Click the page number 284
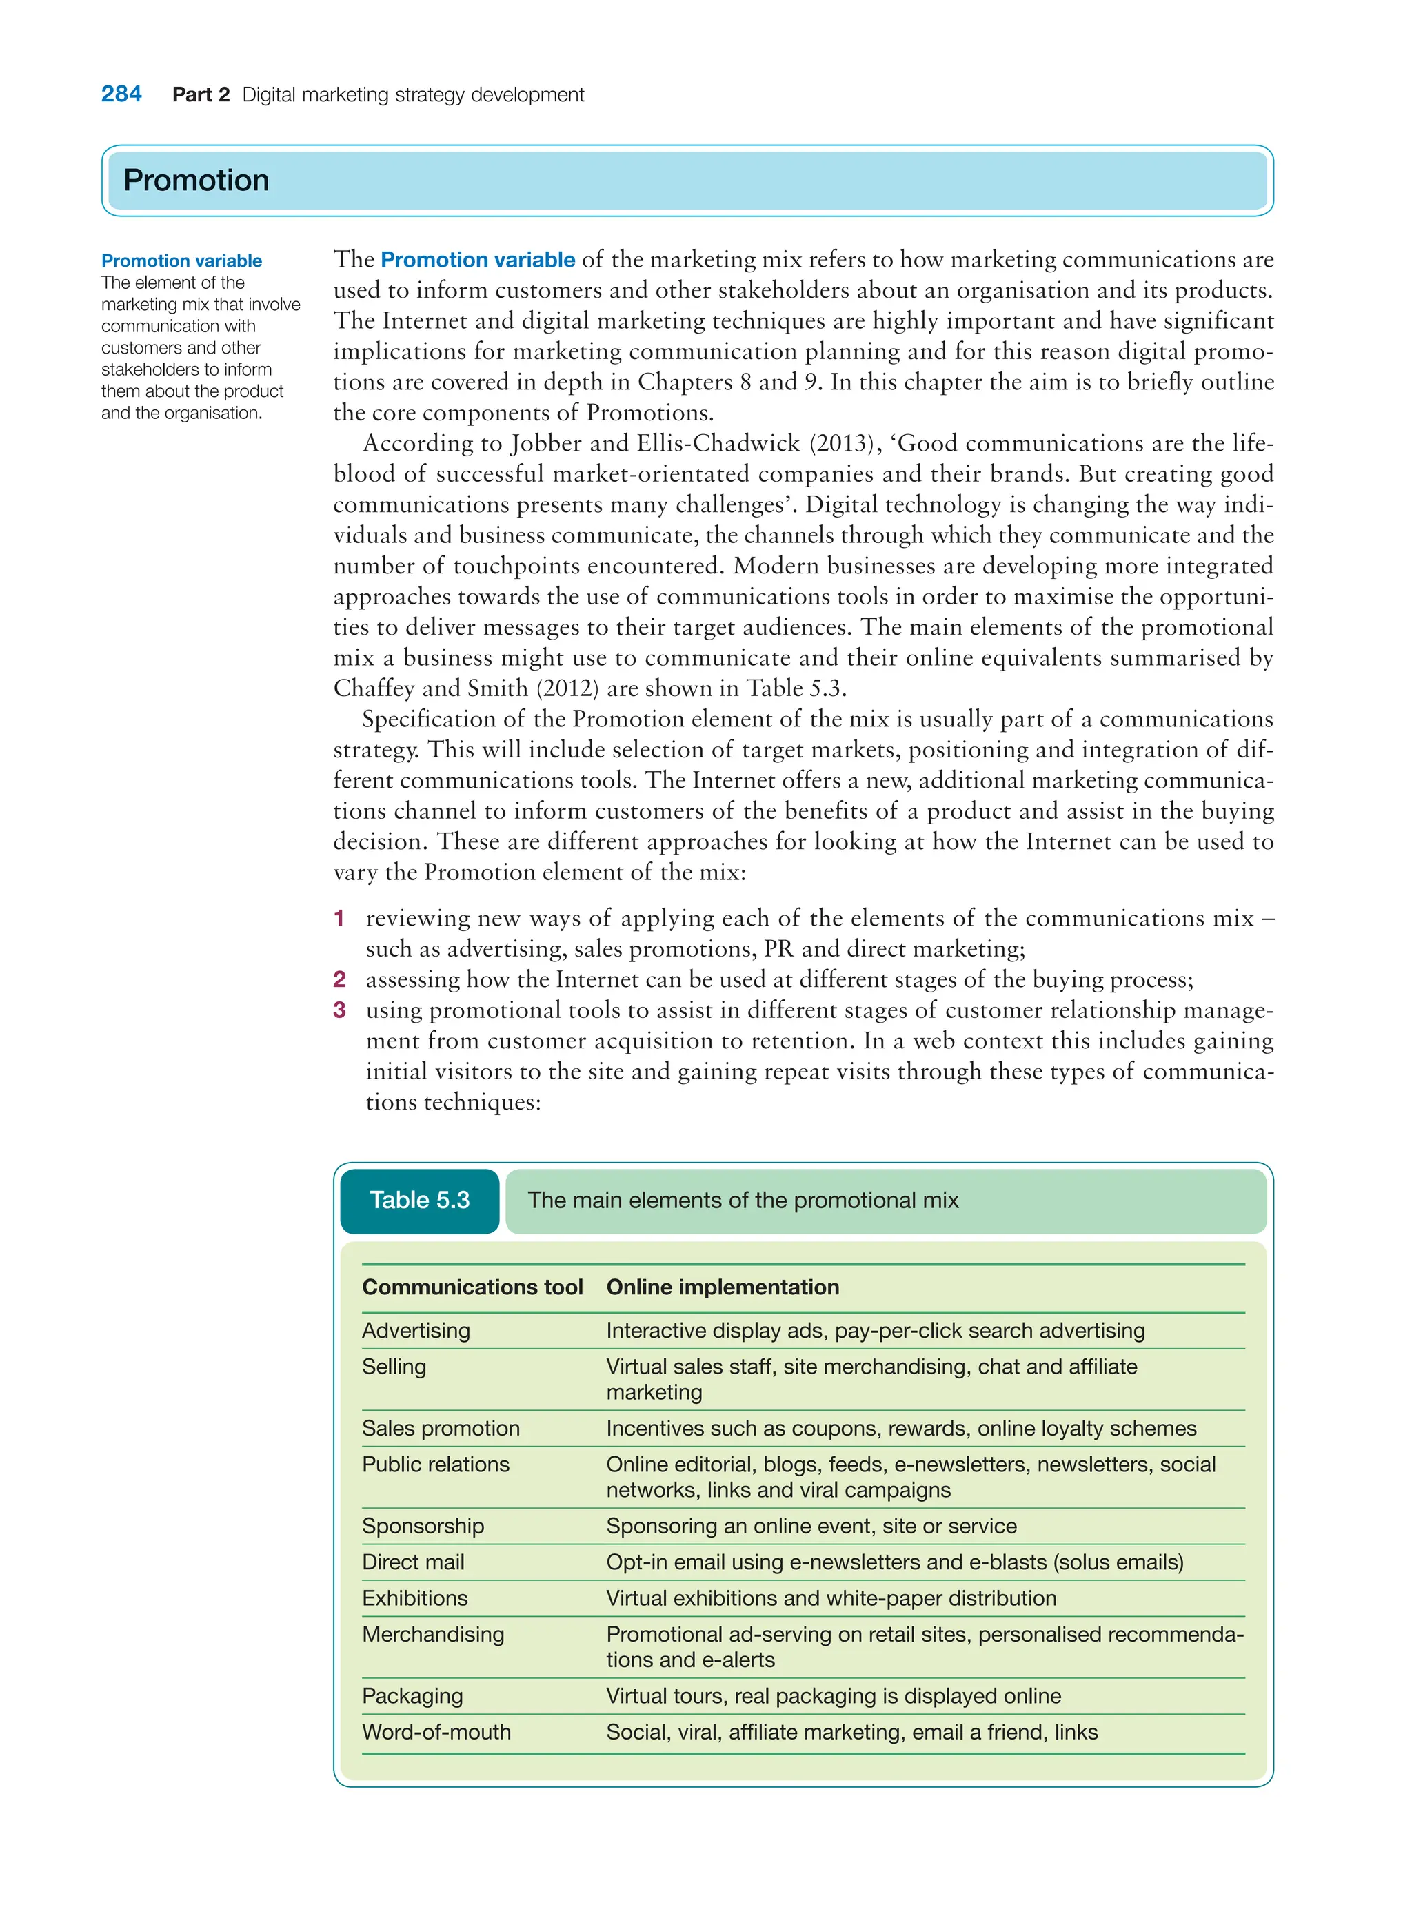click(x=121, y=94)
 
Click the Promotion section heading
click(x=196, y=181)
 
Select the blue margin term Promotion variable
click(x=181, y=261)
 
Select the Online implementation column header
click(x=723, y=1287)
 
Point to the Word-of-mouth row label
click(x=436, y=1733)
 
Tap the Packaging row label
click(x=412, y=1697)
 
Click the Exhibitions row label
click(x=414, y=1598)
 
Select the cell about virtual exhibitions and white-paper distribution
click(x=831, y=1598)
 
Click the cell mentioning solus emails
click(x=894, y=1562)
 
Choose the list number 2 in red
click(x=339, y=979)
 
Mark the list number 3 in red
click(x=339, y=1010)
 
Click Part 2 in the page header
click(x=201, y=95)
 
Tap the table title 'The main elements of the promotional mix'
click(x=743, y=1201)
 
